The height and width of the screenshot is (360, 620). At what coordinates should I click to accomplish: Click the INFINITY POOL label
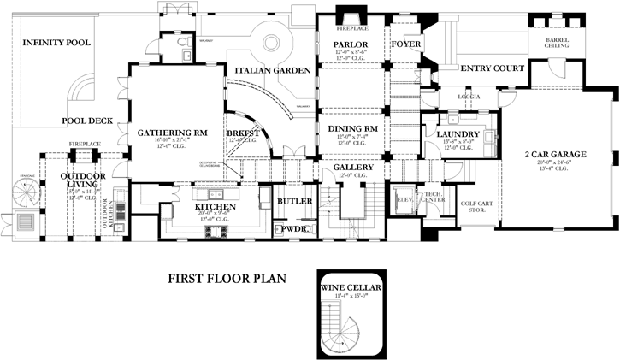[x=56, y=42]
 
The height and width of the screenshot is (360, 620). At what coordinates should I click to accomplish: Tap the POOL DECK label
[x=86, y=121]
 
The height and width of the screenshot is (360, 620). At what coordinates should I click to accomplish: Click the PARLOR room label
[x=351, y=44]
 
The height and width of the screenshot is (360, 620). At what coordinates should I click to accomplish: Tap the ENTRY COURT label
[x=492, y=68]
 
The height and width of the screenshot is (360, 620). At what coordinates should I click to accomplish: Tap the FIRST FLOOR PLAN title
[x=226, y=278]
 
